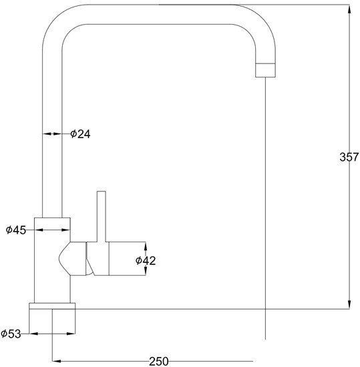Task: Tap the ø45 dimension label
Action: click(x=15, y=230)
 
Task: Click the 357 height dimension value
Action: click(x=349, y=158)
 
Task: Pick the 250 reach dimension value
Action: click(x=158, y=361)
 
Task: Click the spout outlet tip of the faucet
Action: click(x=265, y=69)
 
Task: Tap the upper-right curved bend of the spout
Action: click(x=260, y=27)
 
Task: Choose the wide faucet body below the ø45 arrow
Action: click(x=52, y=267)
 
